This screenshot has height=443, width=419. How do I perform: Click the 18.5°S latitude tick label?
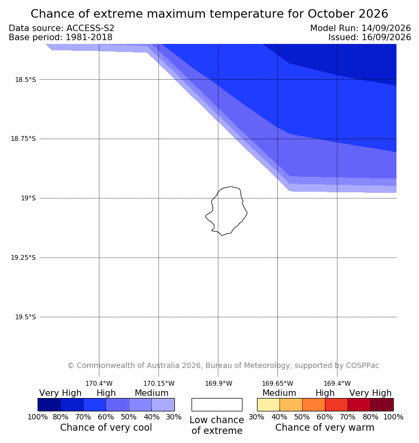click(25, 80)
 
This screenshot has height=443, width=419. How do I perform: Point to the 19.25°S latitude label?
click(23, 258)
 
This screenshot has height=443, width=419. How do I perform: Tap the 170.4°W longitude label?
click(99, 384)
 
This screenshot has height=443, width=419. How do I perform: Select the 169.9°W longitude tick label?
click(218, 384)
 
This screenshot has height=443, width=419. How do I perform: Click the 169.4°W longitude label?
click(337, 384)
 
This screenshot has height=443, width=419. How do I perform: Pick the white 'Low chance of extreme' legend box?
click(217, 404)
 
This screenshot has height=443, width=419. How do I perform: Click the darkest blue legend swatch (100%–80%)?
click(49, 404)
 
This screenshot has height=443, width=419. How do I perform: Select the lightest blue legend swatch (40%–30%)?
click(163, 404)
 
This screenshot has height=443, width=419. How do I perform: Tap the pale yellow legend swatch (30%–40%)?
click(268, 404)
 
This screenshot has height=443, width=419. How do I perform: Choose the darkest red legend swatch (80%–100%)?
click(382, 404)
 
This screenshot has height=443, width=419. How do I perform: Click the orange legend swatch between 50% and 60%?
click(314, 404)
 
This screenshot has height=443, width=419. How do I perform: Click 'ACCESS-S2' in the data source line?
click(90, 28)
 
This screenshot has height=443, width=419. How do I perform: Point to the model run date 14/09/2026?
click(386, 28)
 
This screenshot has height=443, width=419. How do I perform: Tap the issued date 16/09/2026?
click(386, 37)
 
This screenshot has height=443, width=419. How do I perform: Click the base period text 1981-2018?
click(89, 37)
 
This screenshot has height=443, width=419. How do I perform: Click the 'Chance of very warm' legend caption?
click(325, 427)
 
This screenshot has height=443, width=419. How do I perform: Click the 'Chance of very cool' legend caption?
click(106, 427)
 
